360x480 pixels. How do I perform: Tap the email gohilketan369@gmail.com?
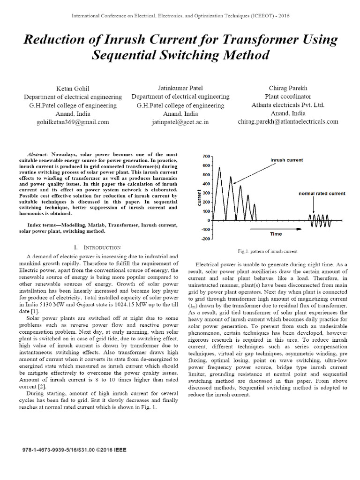coord(73,122)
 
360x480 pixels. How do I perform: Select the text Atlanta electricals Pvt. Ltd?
coord(288,105)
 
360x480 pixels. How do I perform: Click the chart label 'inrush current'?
coord(286,160)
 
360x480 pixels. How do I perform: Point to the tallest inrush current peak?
coord(219,168)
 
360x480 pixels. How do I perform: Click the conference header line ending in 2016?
coord(180,16)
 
